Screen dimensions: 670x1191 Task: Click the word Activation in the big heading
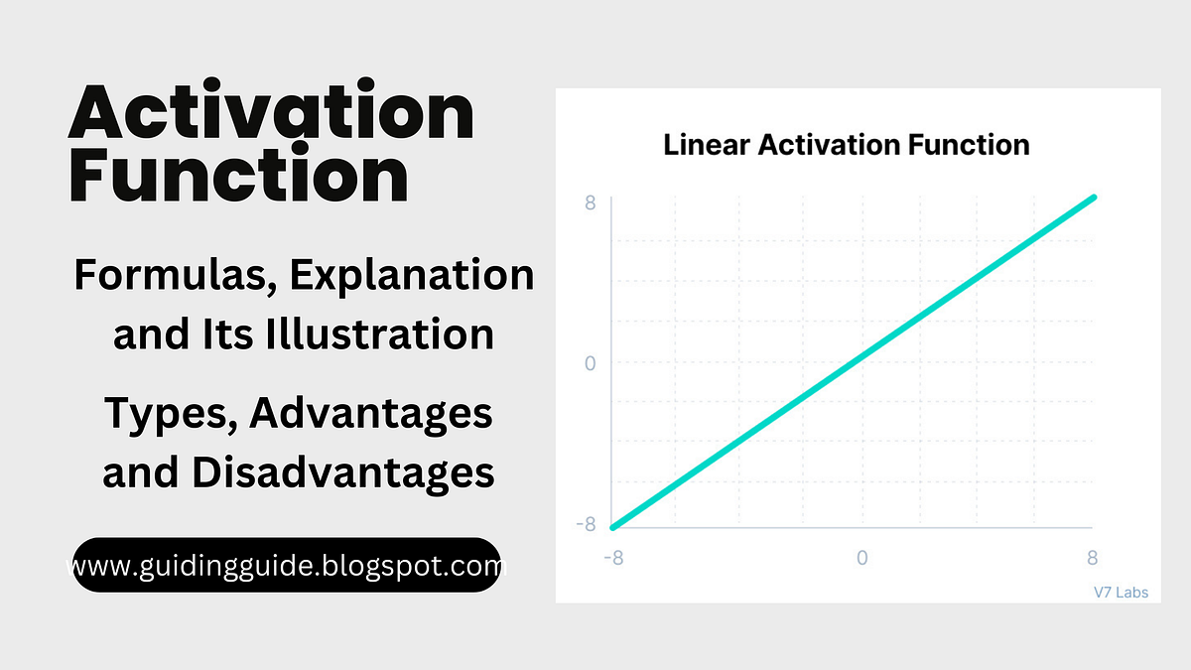click(271, 114)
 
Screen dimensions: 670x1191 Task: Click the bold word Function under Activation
click(238, 176)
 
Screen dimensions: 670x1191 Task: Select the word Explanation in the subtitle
click(412, 275)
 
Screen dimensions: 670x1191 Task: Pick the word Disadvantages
click(343, 472)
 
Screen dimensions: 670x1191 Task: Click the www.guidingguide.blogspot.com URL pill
click(286, 566)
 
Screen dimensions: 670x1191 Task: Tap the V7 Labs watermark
click(1121, 593)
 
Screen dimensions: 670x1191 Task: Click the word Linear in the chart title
click(707, 145)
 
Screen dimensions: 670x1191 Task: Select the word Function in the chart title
click(968, 145)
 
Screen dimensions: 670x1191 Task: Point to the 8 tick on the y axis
click(590, 203)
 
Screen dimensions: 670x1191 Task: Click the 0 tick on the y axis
click(590, 363)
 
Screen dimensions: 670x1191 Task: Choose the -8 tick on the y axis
click(587, 524)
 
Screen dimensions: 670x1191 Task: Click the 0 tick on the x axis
click(861, 558)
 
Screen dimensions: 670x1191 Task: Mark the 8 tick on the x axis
click(1093, 558)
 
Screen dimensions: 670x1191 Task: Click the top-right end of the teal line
click(1094, 198)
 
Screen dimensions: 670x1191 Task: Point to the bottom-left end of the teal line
click(613, 526)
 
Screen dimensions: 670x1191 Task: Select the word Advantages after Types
click(371, 413)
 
